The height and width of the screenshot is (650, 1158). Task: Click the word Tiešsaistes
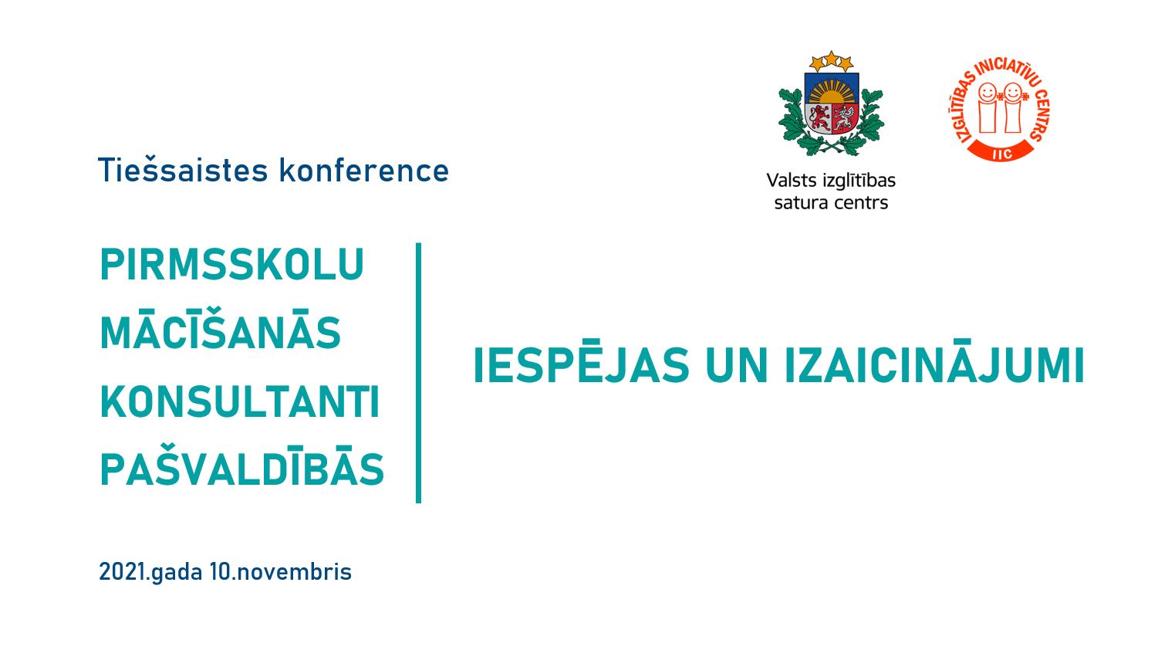(x=183, y=170)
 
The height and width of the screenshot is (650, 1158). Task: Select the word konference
(x=364, y=170)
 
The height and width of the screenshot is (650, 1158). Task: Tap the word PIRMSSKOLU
(x=232, y=264)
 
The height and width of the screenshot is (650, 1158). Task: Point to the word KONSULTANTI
(x=241, y=401)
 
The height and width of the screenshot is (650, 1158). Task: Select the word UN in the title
(x=736, y=366)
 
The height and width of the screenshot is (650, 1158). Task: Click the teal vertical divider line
(x=419, y=373)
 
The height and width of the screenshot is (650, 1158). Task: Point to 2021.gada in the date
(x=150, y=572)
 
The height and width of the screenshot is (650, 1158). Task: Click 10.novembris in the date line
(x=281, y=571)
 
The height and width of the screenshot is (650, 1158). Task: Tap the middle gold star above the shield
(x=831, y=59)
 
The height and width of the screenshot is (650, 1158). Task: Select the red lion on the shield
(x=819, y=118)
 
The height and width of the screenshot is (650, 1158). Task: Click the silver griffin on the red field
(x=844, y=118)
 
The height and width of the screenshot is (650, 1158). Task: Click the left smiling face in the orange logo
(x=987, y=93)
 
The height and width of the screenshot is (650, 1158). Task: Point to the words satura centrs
(x=831, y=203)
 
